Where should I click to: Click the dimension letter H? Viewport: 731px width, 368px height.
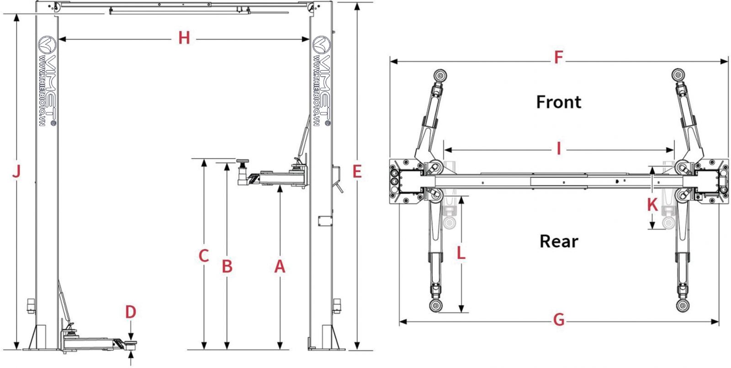tap(184, 38)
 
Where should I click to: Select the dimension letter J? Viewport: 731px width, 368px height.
tap(16, 172)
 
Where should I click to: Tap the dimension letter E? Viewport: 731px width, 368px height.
tap(357, 172)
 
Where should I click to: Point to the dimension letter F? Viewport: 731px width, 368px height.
tap(558, 58)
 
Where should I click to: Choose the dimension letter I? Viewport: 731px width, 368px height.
tap(558, 149)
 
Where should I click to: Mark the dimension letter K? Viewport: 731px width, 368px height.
tap(652, 205)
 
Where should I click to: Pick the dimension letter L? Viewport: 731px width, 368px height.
tap(461, 252)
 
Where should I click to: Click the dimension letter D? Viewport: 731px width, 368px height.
tap(131, 312)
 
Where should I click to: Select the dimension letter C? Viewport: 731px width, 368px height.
tap(204, 256)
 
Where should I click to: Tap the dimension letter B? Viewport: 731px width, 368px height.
tap(227, 266)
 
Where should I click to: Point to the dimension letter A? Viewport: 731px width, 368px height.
tap(280, 266)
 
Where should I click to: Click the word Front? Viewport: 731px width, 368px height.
tap(558, 101)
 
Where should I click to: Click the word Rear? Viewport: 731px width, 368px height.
tap(558, 241)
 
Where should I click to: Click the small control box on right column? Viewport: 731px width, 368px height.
tap(325, 220)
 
